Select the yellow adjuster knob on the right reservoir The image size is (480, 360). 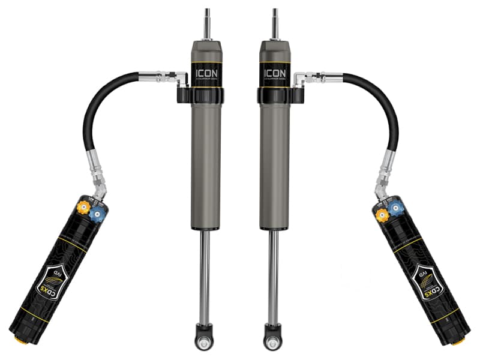380,212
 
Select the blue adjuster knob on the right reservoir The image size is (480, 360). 394,207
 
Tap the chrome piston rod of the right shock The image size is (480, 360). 275,276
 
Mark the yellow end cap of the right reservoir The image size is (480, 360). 460,341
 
